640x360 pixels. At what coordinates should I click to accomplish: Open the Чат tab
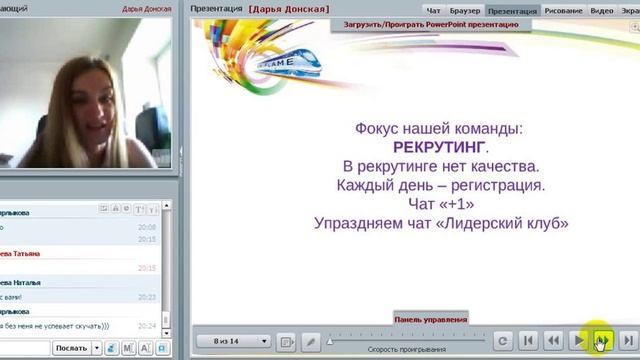[x=433, y=11]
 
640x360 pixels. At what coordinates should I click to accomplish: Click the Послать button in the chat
[x=72, y=347]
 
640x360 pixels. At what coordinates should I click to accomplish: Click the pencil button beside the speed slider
[x=311, y=341]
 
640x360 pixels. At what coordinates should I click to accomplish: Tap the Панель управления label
[x=430, y=319]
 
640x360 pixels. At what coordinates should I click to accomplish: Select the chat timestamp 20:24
[x=146, y=326]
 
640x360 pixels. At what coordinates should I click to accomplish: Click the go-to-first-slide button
[x=529, y=341]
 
